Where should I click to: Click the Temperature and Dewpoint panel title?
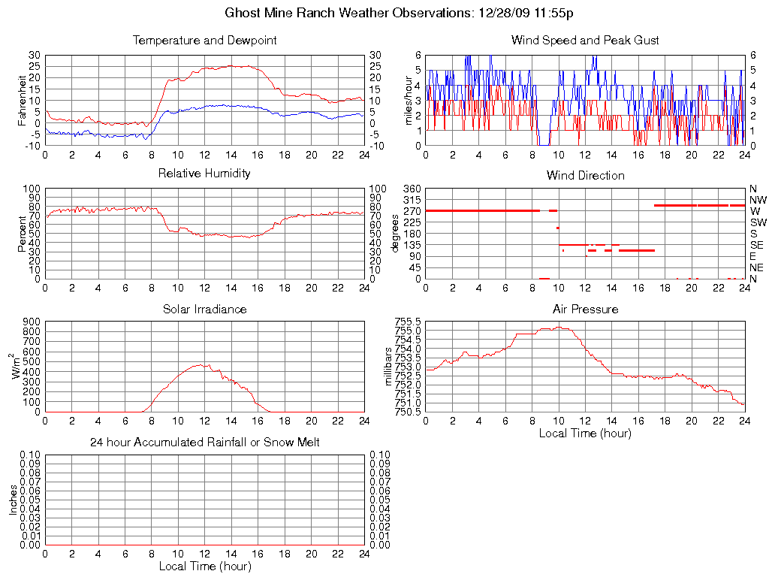[204, 41]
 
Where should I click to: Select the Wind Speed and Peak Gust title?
[585, 41]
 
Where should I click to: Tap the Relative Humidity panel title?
[204, 174]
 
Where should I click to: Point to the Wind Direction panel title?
[585, 176]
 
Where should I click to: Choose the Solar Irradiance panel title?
[204, 310]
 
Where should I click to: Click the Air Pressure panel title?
[585, 310]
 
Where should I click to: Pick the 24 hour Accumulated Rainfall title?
[204, 443]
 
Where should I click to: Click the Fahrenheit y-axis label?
[23, 100]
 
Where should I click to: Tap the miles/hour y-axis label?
[409, 100]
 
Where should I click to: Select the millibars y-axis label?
[388, 367]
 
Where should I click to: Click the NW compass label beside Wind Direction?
[758, 201]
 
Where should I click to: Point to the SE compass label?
[757, 245]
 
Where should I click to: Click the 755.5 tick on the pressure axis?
[409, 322]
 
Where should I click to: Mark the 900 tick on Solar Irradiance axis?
[32, 322]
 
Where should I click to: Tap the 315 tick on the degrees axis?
[412, 200]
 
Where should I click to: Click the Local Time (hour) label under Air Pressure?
[585, 433]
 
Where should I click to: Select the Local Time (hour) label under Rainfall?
[204, 566]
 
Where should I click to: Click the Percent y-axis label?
[23, 234]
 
